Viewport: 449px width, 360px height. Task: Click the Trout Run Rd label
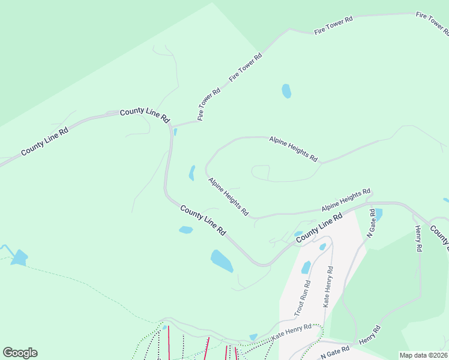(302, 298)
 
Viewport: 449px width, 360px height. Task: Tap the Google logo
(20, 353)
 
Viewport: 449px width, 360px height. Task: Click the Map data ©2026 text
(423, 355)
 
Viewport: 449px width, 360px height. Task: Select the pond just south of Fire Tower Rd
(286, 91)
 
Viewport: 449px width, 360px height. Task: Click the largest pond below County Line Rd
(221, 261)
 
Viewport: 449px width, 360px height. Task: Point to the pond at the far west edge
(19, 257)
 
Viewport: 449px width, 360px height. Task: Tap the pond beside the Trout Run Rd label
(306, 267)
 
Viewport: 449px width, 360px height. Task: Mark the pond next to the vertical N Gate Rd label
(378, 214)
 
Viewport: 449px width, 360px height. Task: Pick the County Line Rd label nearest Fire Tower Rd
(145, 115)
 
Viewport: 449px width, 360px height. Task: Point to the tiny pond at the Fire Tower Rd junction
(175, 131)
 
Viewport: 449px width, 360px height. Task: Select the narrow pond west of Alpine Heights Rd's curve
(192, 173)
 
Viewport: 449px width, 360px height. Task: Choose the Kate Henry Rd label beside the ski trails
(291, 332)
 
